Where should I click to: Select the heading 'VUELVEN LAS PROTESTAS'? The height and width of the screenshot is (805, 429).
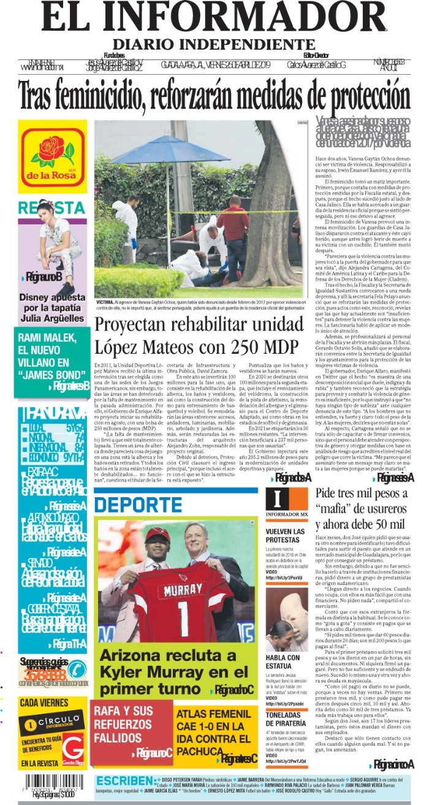pos(285,535)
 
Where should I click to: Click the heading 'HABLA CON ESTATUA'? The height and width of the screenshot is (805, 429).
pos(283,662)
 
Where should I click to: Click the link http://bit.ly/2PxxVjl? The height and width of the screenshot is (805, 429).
pos(283,578)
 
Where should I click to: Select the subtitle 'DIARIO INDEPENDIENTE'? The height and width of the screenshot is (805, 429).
pos(214,45)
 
